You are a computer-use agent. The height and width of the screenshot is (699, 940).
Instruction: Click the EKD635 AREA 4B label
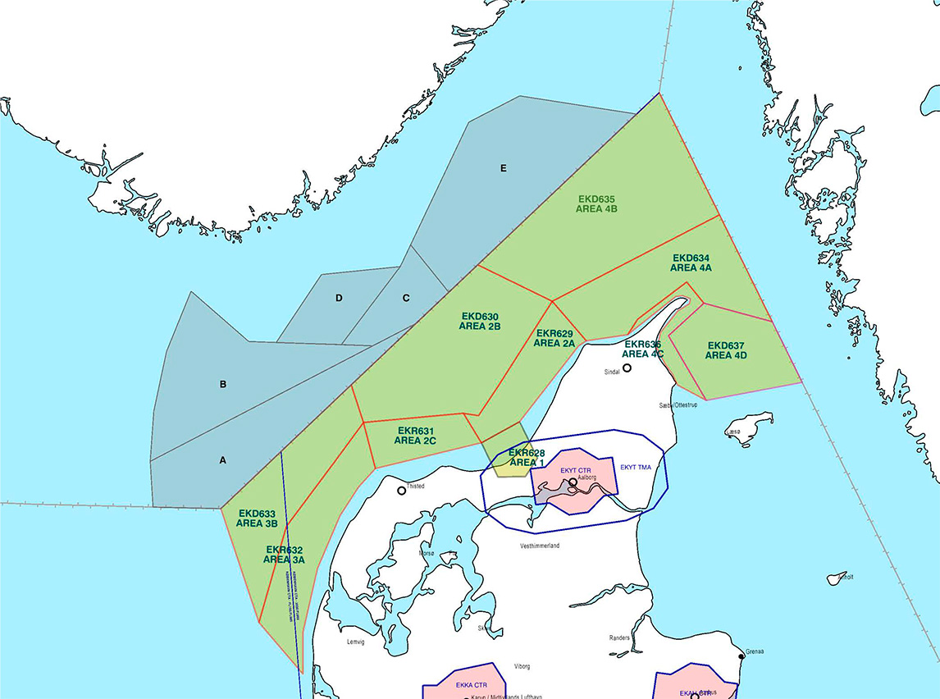point(597,204)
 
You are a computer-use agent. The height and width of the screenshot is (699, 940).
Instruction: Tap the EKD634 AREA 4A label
point(691,263)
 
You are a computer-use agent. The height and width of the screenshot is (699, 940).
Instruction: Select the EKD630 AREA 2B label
point(480,321)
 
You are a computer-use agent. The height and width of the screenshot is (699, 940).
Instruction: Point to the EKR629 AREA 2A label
point(554,338)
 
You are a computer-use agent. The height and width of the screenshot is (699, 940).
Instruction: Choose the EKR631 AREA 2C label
point(415,435)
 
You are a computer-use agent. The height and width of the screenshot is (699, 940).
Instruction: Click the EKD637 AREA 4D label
point(726,350)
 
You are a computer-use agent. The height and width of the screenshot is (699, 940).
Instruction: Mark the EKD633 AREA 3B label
point(257,518)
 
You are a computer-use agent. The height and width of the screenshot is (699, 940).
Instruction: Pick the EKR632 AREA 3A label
point(285,555)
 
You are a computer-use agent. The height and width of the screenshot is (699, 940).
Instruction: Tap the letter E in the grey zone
point(504,169)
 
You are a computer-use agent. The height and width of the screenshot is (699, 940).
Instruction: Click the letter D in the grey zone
point(339,298)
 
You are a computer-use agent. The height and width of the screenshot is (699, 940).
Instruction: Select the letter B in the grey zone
point(222,384)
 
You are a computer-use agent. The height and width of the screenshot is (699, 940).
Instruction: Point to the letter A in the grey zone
point(222,460)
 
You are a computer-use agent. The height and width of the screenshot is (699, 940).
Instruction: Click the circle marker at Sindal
point(627,368)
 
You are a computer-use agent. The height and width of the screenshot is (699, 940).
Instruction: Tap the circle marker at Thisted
point(402,491)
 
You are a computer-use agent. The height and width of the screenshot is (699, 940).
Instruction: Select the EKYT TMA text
point(636,467)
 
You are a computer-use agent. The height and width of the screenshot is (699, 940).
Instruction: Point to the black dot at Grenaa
point(742,655)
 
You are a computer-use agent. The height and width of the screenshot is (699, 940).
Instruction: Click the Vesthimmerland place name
point(540,546)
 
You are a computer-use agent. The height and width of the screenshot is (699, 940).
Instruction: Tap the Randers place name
point(619,637)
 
